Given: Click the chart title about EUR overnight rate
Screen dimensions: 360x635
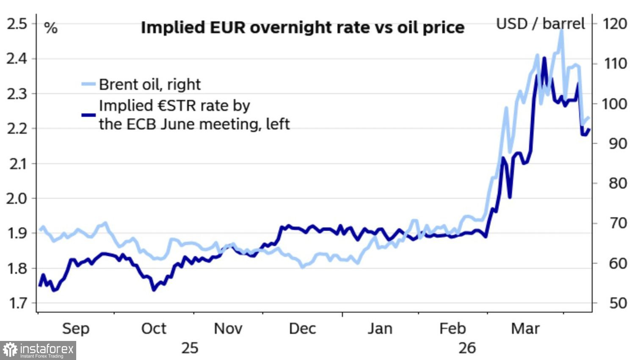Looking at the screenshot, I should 302,28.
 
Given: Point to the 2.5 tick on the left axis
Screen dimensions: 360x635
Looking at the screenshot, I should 17,24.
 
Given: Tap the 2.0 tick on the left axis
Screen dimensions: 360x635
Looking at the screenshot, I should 17,198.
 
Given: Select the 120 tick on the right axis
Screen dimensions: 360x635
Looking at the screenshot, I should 615,24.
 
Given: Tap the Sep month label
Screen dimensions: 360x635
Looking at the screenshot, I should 76,329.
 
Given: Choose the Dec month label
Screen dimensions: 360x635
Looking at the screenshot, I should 302,329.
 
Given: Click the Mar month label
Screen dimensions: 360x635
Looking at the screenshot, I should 525,329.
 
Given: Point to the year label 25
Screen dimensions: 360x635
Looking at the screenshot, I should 190,348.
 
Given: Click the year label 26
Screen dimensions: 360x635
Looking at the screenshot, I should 467,348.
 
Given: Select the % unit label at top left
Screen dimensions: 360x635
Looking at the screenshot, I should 51,28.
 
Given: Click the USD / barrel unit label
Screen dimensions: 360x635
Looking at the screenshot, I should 540,24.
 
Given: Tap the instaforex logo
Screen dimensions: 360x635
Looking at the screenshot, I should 38,350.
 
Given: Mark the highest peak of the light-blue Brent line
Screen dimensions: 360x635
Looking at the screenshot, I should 562,30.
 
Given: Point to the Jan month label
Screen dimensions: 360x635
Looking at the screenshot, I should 380,329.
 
